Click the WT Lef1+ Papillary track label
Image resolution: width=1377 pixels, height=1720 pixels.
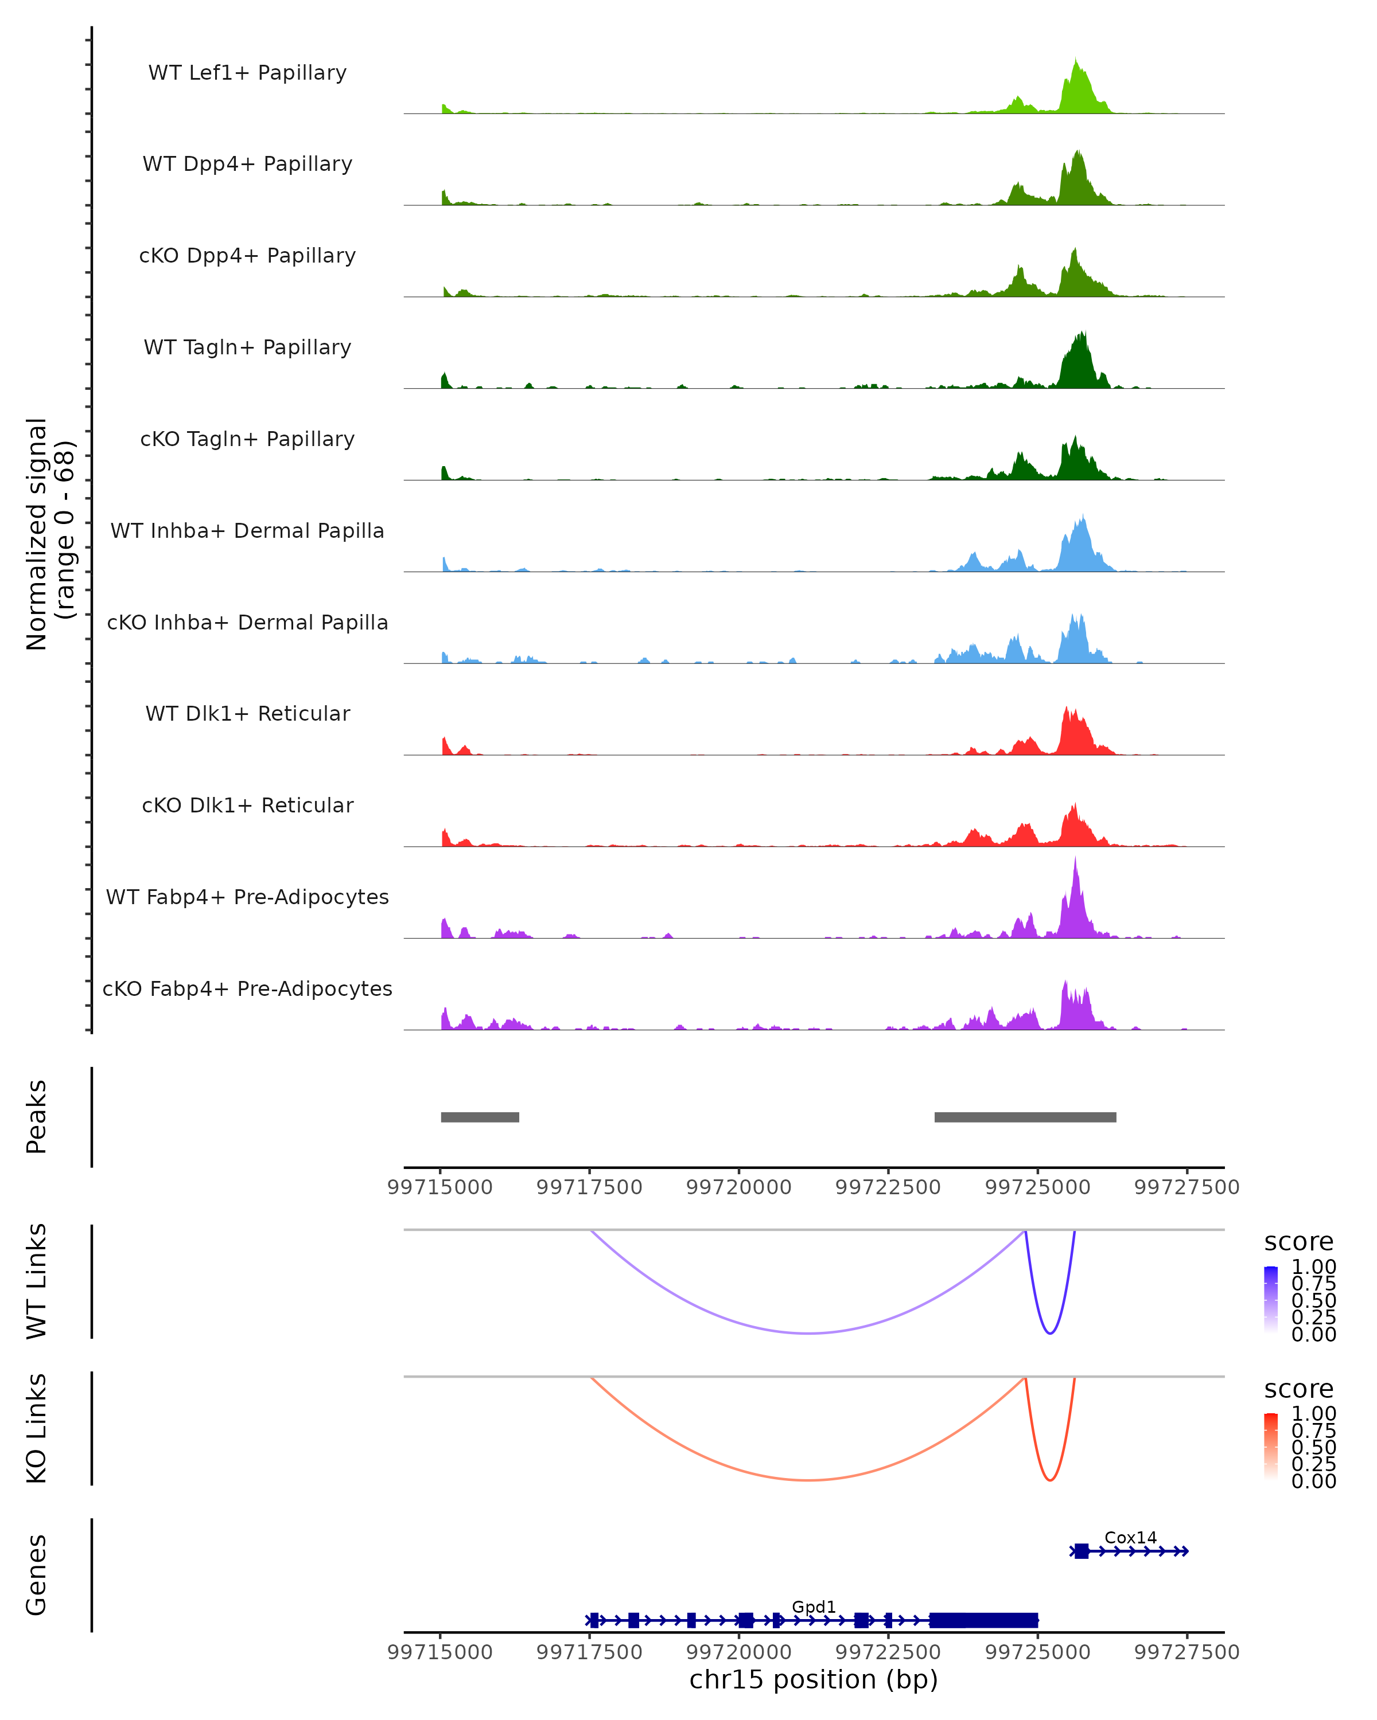click(247, 73)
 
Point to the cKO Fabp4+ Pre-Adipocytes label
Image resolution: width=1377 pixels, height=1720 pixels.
click(247, 988)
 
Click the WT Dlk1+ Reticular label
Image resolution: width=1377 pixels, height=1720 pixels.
click(247, 713)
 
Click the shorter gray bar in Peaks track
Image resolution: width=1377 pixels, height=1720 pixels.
click(480, 1117)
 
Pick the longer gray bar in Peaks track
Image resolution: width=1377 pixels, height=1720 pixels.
click(1025, 1117)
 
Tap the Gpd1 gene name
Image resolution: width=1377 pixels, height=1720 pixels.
click(814, 1606)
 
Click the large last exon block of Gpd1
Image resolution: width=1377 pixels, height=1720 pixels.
click(983, 1620)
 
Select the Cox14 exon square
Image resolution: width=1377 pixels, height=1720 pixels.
click(1081, 1551)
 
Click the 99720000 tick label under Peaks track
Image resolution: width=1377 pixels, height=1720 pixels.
click(738, 1187)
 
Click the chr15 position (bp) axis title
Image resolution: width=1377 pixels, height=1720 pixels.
click(814, 1679)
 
